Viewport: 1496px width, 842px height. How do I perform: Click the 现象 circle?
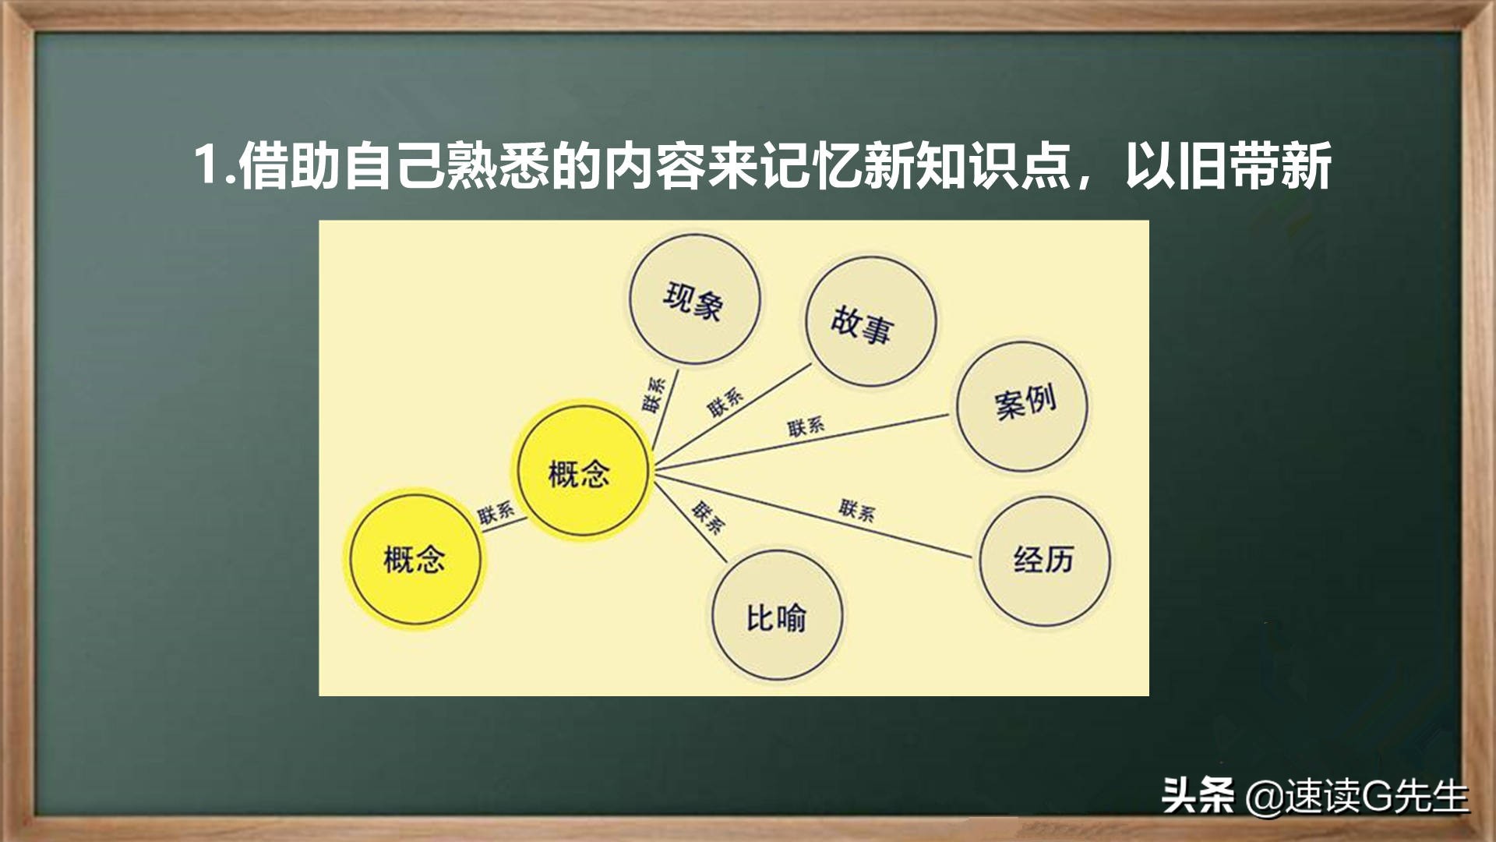click(x=693, y=300)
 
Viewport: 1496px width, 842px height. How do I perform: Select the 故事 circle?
click(x=870, y=320)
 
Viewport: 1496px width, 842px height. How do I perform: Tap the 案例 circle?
click(x=1022, y=405)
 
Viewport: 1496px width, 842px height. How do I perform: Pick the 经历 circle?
click(x=1044, y=559)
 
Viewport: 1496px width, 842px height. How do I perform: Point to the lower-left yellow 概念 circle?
click(x=415, y=558)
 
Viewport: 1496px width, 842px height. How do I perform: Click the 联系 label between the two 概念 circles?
click(x=496, y=512)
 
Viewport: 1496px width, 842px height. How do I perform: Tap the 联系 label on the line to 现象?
click(x=653, y=394)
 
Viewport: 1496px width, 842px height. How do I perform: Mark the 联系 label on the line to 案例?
click(x=806, y=426)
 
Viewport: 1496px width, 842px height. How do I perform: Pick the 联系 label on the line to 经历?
click(x=857, y=510)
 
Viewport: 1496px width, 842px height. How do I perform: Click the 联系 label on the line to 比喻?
click(x=707, y=517)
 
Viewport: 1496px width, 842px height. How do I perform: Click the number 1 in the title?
click(x=206, y=165)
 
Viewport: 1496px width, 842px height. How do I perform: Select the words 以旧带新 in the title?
click(x=1228, y=165)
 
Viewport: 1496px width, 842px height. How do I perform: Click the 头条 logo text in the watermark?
click(x=1198, y=796)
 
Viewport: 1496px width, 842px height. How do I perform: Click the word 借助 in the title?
click(x=290, y=165)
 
